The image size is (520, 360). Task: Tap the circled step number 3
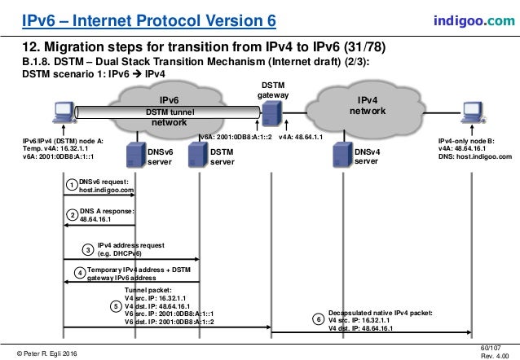[x=88, y=248]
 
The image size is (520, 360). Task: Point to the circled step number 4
[x=79, y=272]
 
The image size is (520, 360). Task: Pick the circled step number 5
[x=116, y=307]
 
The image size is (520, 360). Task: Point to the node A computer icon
[x=62, y=113]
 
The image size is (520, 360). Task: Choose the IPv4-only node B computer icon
[x=471, y=114]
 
